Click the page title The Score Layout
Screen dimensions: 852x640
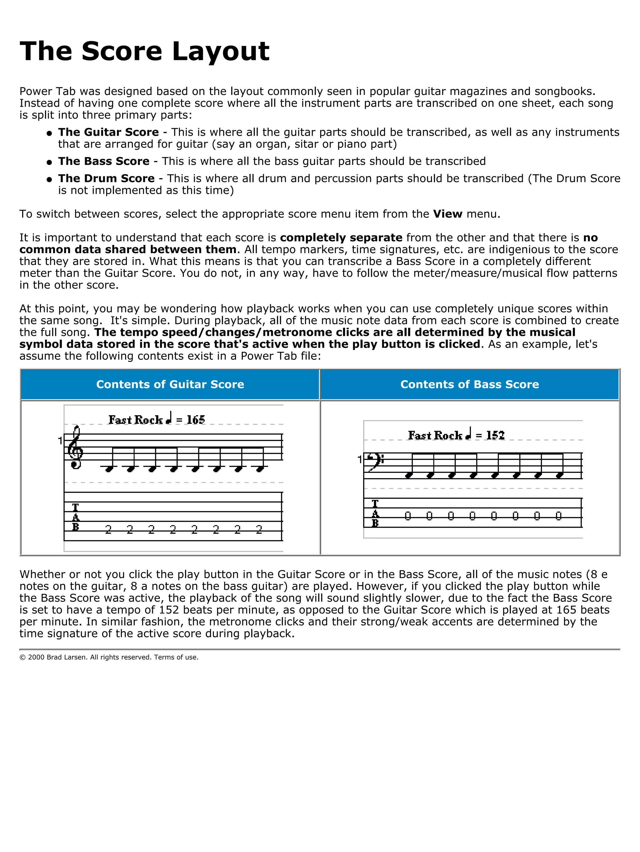coord(144,51)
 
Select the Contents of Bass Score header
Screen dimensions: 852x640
coord(469,384)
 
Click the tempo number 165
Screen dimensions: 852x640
coord(196,419)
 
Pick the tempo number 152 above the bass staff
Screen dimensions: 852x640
coord(495,435)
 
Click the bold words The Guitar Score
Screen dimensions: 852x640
coord(108,132)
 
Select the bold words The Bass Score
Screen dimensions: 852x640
coord(104,161)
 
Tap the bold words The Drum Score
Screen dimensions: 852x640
coord(106,178)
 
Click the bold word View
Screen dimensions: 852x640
coord(447,214)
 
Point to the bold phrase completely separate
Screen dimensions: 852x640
coord(341,238)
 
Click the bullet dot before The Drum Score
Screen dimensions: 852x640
coord(49,179)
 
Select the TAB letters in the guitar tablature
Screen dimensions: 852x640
coord(76,517)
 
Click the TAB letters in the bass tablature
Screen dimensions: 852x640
coord(375,513)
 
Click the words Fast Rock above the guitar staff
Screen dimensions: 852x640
coord(136,419)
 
